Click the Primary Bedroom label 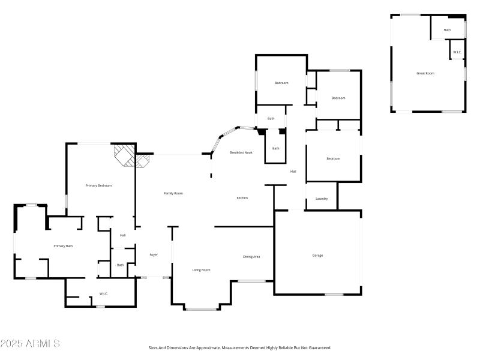tap(98, 185)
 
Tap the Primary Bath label tap(63, 246)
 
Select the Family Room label tap(173, 193)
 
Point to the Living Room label tap(201, 270)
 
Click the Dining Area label tap(251, 257)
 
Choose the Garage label tap(317, 256)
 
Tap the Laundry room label tap(322, 199)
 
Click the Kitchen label tap(242, 198)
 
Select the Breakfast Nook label tap(241, 152)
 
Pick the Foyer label tap(154, 255)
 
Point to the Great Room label tap(425, 73)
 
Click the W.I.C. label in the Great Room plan tap(457, 52)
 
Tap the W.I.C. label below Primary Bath tap(104, 293)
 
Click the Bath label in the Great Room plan tap(447, 30)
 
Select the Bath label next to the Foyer tap(120, 265)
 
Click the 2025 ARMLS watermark tap(30, 344)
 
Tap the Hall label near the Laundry tap(293, 172)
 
